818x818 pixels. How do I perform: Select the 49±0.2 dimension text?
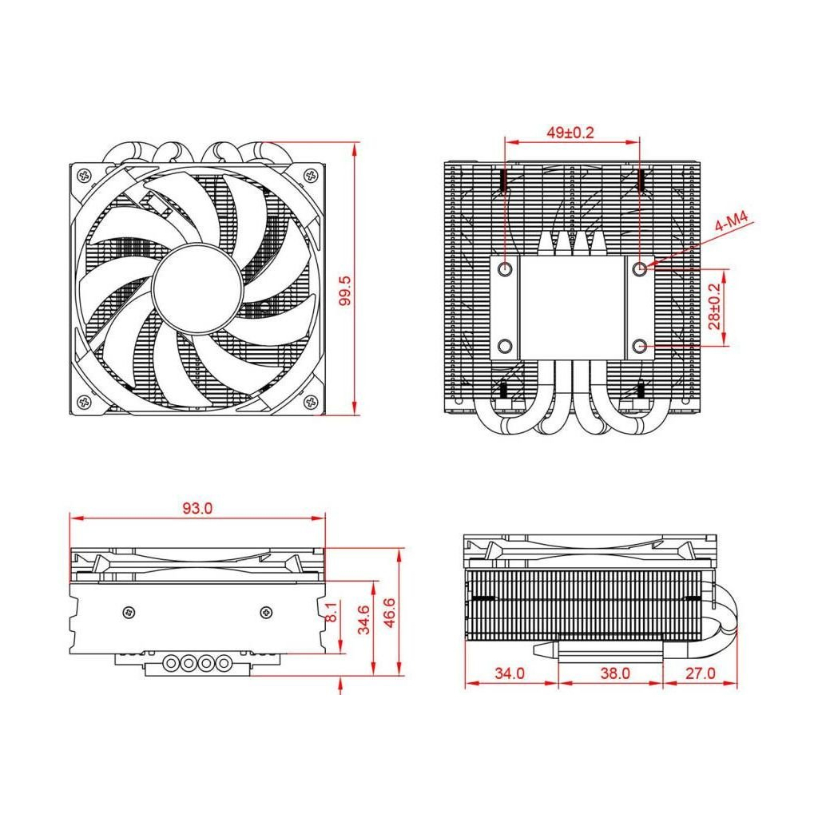[570, 133]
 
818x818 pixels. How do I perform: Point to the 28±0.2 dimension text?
[713, 308]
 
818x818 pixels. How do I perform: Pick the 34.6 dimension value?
[363, 619]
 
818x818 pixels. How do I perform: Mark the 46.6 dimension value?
[389, 613]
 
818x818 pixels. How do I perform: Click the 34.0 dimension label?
[509, 673]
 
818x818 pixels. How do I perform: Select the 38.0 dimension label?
[614, 673]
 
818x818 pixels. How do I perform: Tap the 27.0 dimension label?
[701, 673]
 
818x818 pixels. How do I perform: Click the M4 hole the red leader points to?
[639, 269]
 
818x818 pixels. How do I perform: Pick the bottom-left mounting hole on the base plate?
[505, 346]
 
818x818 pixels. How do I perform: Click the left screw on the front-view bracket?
[129, 612]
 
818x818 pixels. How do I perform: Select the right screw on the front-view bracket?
[265, 612]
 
